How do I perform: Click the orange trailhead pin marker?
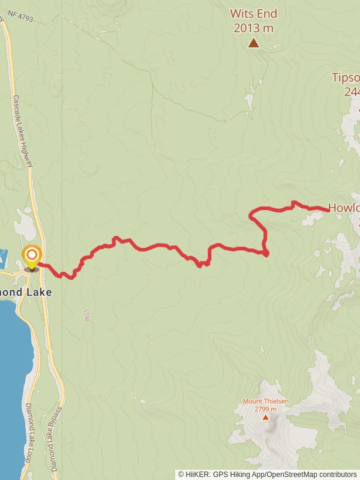click(31, 257)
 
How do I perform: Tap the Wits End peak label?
click(254, 13)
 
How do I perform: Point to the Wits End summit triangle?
click(254, 42)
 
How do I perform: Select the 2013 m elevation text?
click(254, 28)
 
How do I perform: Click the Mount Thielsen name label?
click(266, 401)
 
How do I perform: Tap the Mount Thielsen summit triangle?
click(266, 416)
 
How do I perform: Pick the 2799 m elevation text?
click(266, 409)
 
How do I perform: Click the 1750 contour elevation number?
click(86, 316)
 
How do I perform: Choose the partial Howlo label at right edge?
click(344, 208)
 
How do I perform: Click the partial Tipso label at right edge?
click(346, 77)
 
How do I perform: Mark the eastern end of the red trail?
click(328, 209)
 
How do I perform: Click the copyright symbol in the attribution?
click(181, 474)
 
